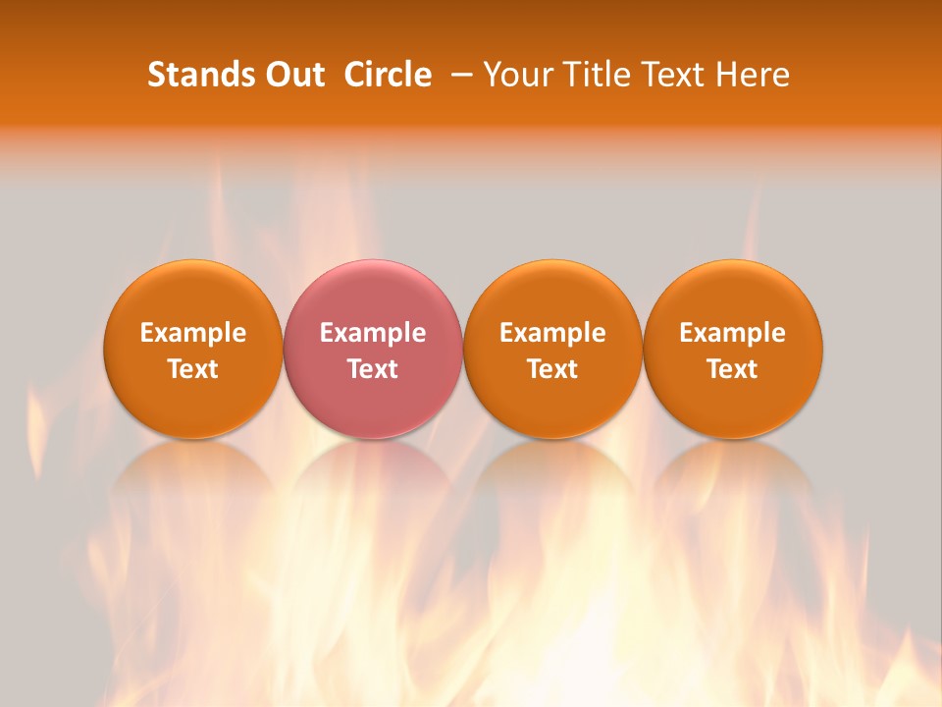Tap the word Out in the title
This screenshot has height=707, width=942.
[x=291, y=75]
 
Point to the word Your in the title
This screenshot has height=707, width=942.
[x=516, y=75]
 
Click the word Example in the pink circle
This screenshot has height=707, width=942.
[x=373, y=333]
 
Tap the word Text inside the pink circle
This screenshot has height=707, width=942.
[x=373, y=369]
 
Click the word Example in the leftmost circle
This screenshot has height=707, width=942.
[x=193, y=333]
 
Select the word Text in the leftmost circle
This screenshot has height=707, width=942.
[x=193, y=369]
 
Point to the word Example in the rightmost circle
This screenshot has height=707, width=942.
[x=733, y=333]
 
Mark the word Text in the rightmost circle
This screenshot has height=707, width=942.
[x=733, y=369]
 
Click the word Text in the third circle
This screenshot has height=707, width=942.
[x=552, y=369]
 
